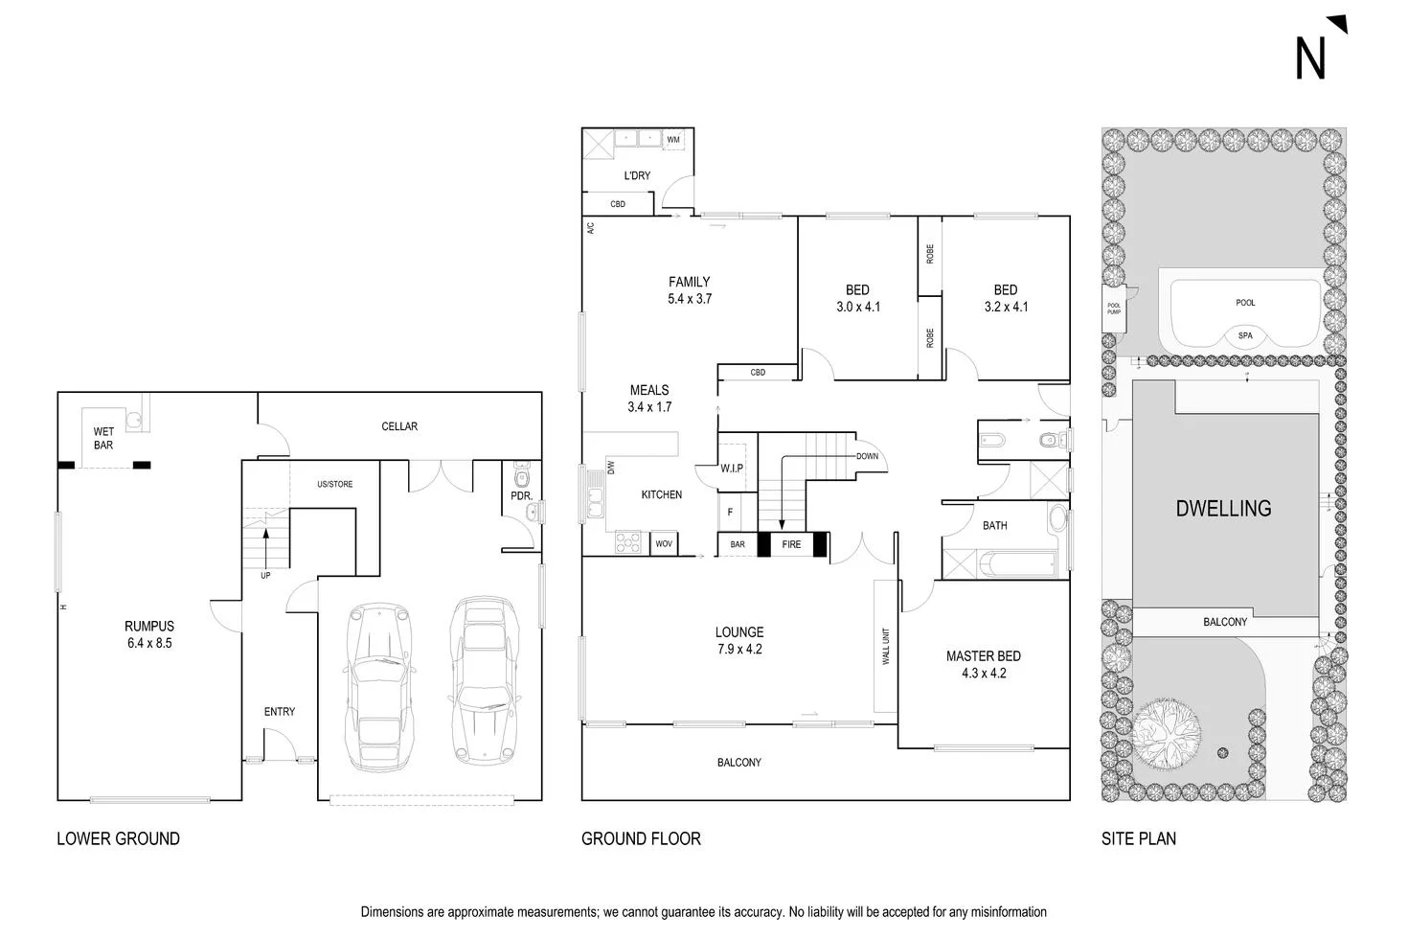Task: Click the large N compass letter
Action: (x=1311, y=58)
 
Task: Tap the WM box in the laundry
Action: (x=673, y=140)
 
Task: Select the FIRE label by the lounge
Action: (x=791, y=544)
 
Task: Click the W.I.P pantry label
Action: (x=732, y=469)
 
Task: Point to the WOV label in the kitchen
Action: (x=664, y=544)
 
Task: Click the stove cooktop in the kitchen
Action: (x=627, y=542)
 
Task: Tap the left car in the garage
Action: (x=380, y=686)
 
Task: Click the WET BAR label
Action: (x=103, y=439)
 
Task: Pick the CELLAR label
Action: (x=399, y=426)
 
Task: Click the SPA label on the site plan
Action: (x=1245, y=336)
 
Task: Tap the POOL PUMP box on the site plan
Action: (x=1114, y=309)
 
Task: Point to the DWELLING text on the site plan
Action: (x=1223, y=509)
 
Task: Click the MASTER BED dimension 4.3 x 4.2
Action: (x=984, y=674)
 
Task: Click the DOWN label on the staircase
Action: (x=867, y=456)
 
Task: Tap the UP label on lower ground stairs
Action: (x=265, y=576)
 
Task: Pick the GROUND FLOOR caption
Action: (x=641, y=839)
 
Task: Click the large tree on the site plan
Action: (x=1167, y=727)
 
